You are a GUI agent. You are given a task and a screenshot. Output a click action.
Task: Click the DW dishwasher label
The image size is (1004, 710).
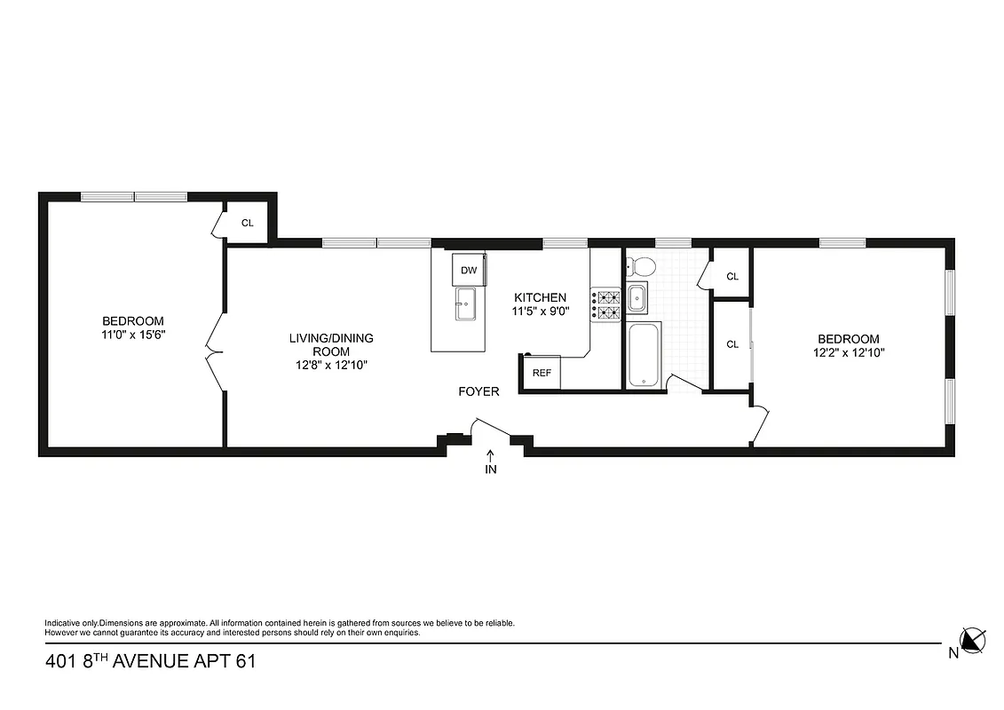(x=469, y=270)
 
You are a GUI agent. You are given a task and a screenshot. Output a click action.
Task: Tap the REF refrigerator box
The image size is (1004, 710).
(x=542, y=373)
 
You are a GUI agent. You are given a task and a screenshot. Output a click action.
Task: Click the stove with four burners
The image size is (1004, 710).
(x=607, y=304)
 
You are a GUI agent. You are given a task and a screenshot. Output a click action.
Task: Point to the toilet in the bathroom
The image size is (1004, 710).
(x=639, y=265)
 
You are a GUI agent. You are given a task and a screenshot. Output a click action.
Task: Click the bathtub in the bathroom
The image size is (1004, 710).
(x=644, y=355)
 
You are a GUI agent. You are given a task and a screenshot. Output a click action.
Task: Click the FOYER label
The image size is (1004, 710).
(x=478, y=391)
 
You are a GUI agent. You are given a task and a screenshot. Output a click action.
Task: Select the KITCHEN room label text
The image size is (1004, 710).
(x=539, y=297)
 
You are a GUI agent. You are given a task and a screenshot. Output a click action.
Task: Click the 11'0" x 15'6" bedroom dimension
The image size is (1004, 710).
(x=133, y=335)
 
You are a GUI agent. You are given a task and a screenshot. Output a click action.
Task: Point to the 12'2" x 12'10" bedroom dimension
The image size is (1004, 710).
(x=848, y=352)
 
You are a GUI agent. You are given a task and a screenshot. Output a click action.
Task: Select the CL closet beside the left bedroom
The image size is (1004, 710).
(x=248, y=223)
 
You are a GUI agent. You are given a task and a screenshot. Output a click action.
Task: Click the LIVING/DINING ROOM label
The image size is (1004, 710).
(x=331, y=344)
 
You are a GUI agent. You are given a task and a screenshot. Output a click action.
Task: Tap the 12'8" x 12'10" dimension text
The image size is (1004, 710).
(x=331, y=365)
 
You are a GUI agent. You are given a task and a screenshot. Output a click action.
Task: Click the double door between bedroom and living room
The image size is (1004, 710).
(x=213, y=355)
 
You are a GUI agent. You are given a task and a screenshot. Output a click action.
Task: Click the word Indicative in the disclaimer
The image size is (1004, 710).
(x=63, y=624)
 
